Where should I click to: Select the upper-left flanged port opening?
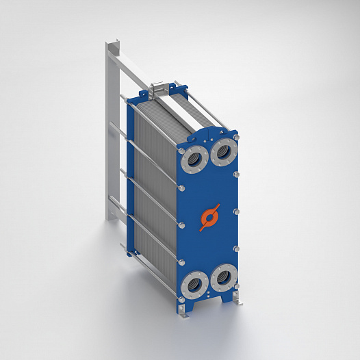pyautogui.click(x=194, y=161)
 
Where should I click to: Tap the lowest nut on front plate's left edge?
pyautogui.click(x=183, y=263)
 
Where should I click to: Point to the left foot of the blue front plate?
pyautogui.click(x=188, y=312)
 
